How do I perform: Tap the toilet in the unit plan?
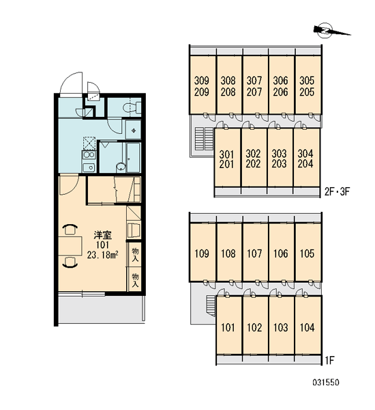132,108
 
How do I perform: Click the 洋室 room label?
103,235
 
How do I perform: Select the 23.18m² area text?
103,255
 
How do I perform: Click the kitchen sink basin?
89,167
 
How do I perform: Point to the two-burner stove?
89,155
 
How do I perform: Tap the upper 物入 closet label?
135,255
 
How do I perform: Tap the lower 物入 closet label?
135,280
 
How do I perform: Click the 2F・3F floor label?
337,192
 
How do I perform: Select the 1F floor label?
329,361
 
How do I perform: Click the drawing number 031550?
326,383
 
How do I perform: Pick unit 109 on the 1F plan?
202,253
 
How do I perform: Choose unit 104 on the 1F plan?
307,326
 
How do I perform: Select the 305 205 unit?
307,85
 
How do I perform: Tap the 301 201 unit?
227,158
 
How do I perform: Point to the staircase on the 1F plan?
211,306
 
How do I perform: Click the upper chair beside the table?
71,229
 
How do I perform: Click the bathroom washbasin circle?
120,167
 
